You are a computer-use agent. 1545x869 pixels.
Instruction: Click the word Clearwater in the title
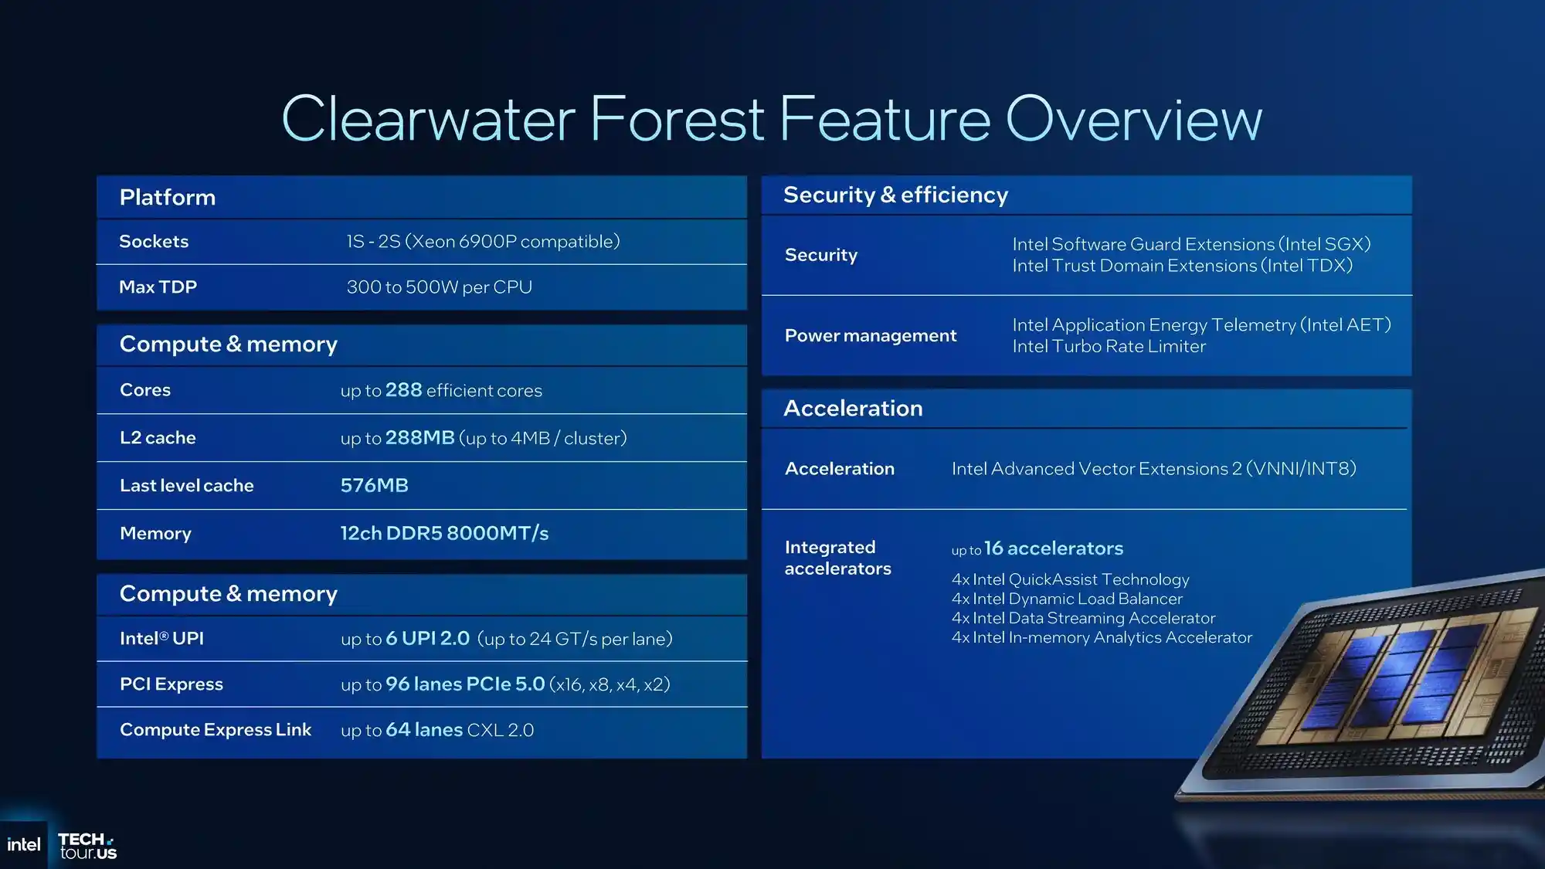pyautogui.click(x=428, y=119)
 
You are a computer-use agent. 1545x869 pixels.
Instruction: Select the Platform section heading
pyautogui.click(x=168, y=197)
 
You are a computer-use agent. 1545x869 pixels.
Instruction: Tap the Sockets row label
pyautogui.click(x=154, y=241)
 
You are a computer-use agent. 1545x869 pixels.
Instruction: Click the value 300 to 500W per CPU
pyautogui.click(x=440, y=287)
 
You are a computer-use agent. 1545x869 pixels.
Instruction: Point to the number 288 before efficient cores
pyautogui.click(x=404, y=390)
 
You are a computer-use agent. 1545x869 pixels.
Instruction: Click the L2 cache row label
pyautogui.click(x=158, y=438)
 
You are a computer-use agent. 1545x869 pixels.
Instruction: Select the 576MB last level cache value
pyautogui.click(x=375, y=485)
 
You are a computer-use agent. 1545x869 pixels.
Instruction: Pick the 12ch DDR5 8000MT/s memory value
pyautogui.click(x=445, y=533)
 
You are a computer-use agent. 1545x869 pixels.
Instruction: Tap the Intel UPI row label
pyautogui.click(x=161, y=638)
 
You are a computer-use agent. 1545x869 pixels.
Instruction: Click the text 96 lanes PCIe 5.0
pyautogui.click(x=465, y=684)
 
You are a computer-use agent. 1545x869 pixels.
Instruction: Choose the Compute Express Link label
pyautogui.click(x=216, y=729)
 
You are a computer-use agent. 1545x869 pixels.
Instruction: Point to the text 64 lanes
pyautogui.click(x=424, y=729)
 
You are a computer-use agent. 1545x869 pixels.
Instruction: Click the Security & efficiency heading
pyautogui.click(x=896, y=195)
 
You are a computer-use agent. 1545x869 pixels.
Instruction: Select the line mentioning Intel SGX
pyautogui.click(x=1191, y=244)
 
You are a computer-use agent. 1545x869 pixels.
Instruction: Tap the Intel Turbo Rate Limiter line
pyautogui.click(x=1109, y=346)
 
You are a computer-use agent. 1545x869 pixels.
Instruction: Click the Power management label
pyautogui.click(x=871, y=335)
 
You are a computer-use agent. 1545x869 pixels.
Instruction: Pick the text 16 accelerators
pyautogui.click(x=1054, y=548)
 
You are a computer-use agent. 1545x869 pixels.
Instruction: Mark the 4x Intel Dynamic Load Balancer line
pyautogui.click(x=1067, y=599)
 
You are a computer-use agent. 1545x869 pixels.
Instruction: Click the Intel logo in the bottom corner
pyautogui.click(x=23, y=844)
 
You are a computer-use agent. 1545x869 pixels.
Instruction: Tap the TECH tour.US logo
pyautogui.click(x=87, y=846)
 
